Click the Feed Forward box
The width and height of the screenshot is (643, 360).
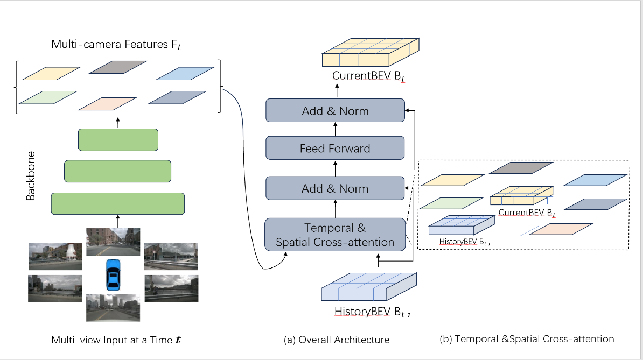point(335,148)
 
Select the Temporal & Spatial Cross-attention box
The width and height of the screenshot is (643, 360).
point(335,235)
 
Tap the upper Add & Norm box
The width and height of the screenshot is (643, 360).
point(335,111)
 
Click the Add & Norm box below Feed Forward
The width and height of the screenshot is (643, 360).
point(335,189)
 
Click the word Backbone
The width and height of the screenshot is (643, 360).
point(31,179)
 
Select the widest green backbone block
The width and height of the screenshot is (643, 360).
point(117,204)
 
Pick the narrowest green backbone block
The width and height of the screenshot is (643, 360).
point(117,139)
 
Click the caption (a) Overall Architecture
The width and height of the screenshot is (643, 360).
point(337,340)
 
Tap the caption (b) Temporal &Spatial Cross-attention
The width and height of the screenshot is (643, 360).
point(527,339)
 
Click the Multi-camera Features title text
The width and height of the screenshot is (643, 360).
point(116,45)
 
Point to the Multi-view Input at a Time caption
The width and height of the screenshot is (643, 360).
point(119,340)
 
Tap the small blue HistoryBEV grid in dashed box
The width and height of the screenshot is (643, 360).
point(461,225)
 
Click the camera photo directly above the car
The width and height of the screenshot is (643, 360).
point(113,242)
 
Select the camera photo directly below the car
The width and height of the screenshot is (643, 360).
point(113,307)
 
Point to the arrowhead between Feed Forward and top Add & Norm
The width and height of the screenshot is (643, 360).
point(335,124)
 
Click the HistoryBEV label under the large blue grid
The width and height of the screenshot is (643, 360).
point(369,311)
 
